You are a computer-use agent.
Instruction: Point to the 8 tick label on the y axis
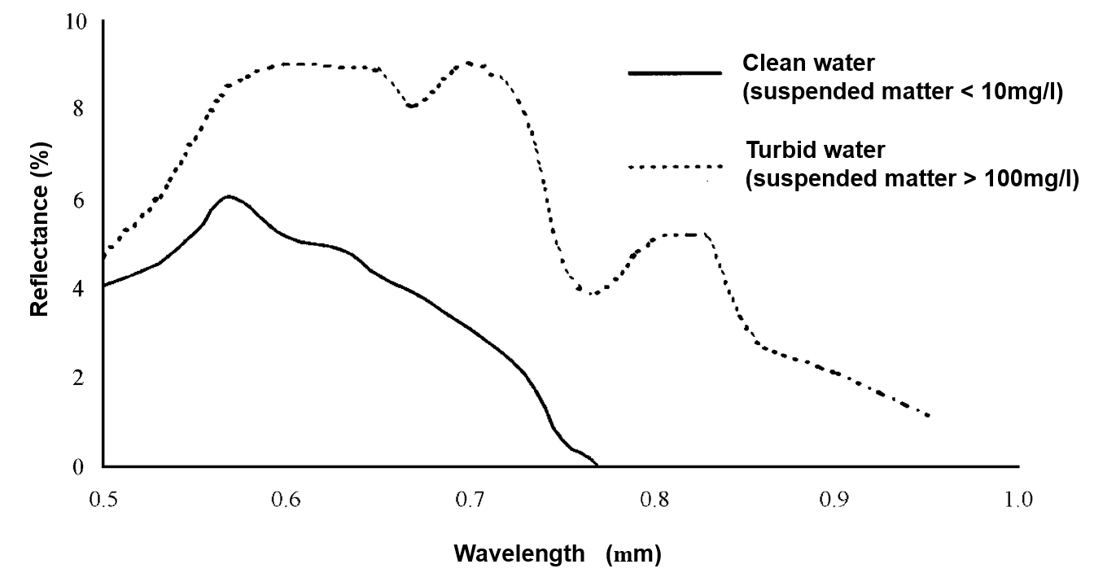coord(78,109)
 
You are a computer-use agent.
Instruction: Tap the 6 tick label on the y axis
coord(78,199)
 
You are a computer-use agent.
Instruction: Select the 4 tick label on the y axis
coord(78,288)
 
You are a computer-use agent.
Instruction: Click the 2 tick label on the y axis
coord(78,378)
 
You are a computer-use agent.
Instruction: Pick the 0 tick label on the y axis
coord(78,467)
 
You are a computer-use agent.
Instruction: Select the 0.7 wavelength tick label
coord(470,498)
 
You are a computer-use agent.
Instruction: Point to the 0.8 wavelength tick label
coord(654,498)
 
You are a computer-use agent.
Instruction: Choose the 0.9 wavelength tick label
coord(836,498)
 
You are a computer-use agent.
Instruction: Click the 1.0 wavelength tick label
coord(1018,498)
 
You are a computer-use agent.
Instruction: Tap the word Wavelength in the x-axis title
coord(519,554)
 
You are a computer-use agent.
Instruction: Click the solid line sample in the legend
coord(675,73)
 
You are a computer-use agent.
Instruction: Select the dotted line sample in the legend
coord(675,167)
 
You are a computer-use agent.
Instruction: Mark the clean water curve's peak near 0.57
coord(229,196)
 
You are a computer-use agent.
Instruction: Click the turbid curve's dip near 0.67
coord(412,106)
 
